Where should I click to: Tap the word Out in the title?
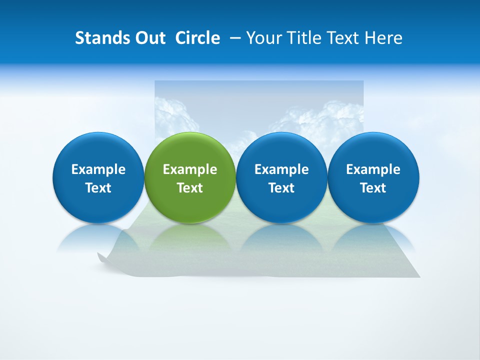(x=149, y=38)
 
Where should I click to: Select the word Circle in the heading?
(x=197, y=38)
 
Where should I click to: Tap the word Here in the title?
(x=384, y=38)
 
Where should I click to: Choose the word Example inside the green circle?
(x=190, y=169)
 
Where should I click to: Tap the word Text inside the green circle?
(x=190, y=188)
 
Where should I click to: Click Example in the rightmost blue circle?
(x=373, y=169)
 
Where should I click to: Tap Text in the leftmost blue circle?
(x=98, y=188)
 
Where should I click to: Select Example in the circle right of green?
(x=281, y=169)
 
